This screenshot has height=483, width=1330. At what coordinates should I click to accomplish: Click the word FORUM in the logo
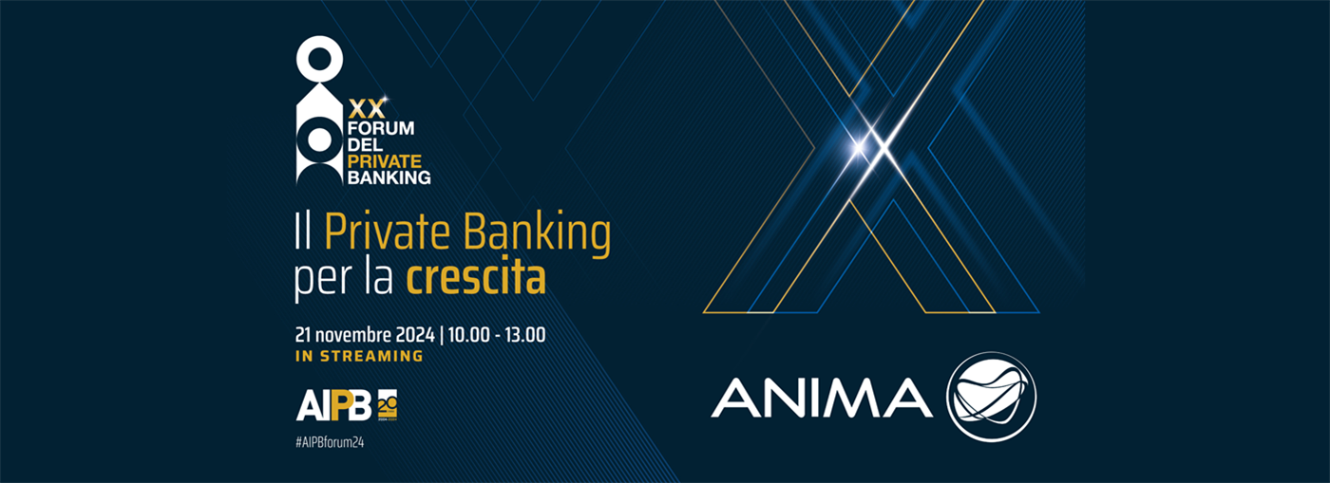pyautogui.click(x=381, y=128)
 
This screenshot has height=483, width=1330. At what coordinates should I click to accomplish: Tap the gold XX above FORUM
pyautogui.click(x=367, y=108)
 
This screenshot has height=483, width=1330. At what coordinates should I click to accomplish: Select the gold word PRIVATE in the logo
pyautogui.click(x=384, y=161)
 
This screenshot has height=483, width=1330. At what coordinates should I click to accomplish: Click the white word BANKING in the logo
pyautogui.click(x=389, y=177)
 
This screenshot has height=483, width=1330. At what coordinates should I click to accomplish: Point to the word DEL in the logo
pyautogui.click(x=365, y=145)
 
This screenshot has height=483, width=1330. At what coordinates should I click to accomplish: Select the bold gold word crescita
pyautogui.click(x=476, y=277)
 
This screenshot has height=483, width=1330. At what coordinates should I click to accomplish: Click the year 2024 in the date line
pyautogui.click(x=415, y=335)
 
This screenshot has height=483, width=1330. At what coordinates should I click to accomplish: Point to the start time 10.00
pyautogui.click(x=469, y=335)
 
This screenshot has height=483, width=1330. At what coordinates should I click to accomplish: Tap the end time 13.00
pyautogui.click(x=524, y=335)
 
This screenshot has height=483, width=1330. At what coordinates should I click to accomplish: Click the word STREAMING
pyautogui.click(x=371, y=356)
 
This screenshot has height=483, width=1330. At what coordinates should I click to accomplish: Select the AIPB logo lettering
pyautogui.click(x=333, y=406)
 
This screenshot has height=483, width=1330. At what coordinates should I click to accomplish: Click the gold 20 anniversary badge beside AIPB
pyautogui.click(x=388, y=406)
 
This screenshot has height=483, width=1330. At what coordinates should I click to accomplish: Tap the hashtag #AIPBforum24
pyautogui.click(x=330, y=442)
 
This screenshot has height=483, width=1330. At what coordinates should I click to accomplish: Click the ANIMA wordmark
pyautogui.click(x=822, y=398)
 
